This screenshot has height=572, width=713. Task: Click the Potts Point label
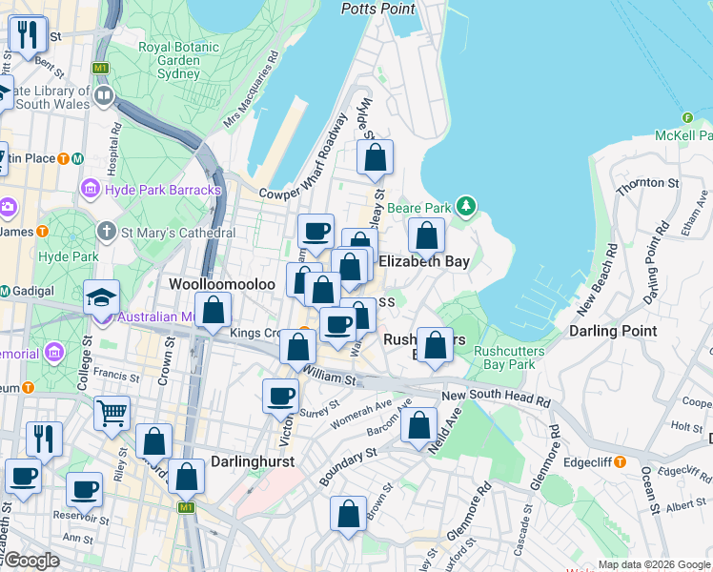378,9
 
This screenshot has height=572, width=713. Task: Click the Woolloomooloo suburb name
222,284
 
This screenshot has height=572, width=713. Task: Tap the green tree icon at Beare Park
465,206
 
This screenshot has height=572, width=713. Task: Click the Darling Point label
612,331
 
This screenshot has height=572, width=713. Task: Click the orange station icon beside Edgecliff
620,462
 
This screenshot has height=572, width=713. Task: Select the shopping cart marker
112,413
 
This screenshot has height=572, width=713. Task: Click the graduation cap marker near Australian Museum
101,296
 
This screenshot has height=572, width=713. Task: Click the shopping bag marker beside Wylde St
376,157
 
